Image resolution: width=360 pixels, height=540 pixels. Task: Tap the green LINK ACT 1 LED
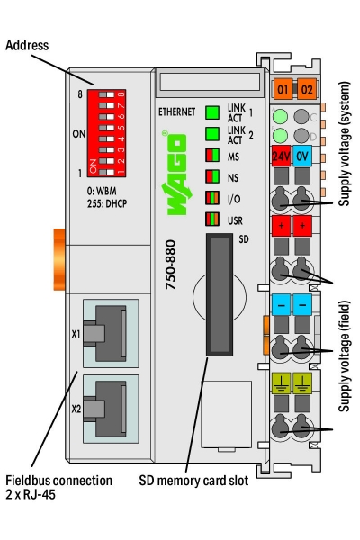click(x=212, y=112)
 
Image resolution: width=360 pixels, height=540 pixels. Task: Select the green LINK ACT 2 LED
click(x=212, y=134)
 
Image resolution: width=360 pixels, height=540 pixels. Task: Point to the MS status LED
click(x=212, y=156)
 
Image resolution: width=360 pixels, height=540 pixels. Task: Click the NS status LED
click(x=212, y=176)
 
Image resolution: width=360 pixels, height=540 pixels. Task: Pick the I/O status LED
click(x=212, y=198)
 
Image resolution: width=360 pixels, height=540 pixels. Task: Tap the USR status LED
click(x=212, y=219)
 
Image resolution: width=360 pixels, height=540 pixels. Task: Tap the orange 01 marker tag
click(x=283, y=90)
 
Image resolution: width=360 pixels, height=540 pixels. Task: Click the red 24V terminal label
click(x=281, y=154)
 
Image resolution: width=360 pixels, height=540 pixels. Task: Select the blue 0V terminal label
click(x=303, y=154)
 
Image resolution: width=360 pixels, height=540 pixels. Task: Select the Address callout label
click(x=26, y=45)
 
